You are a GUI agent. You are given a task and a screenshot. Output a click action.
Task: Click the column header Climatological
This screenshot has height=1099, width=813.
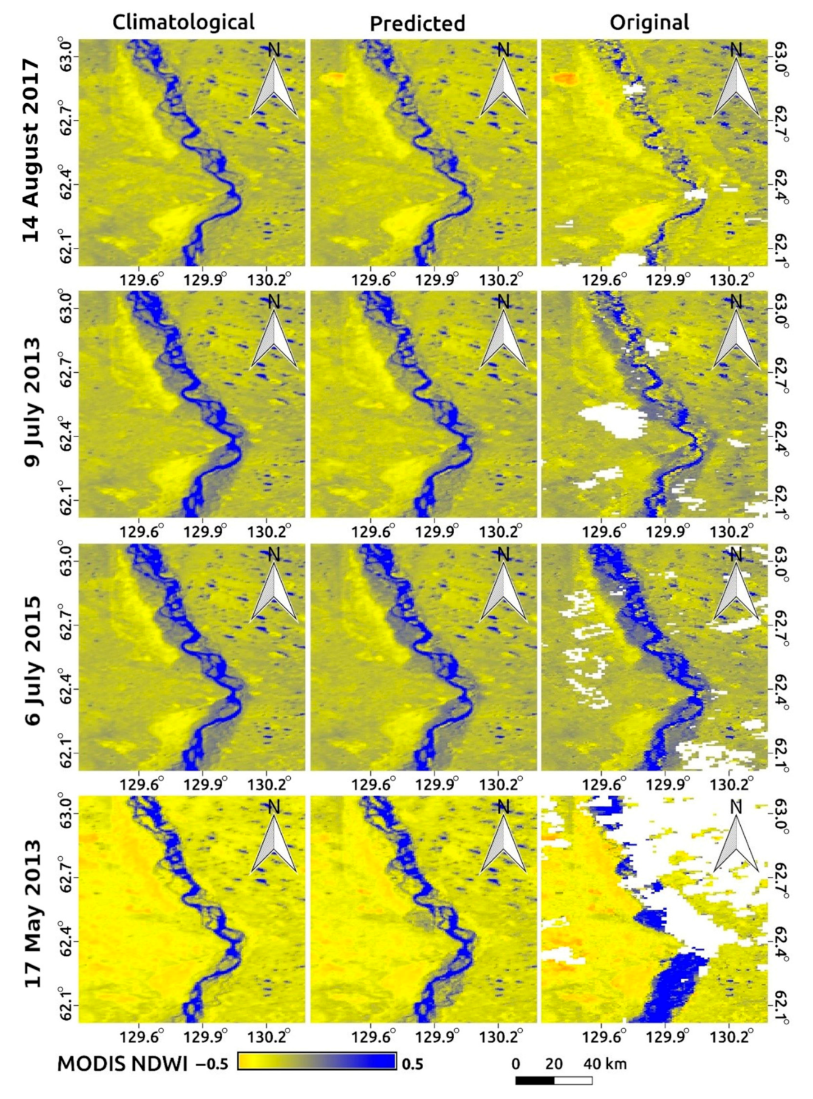click(x=183, y=22)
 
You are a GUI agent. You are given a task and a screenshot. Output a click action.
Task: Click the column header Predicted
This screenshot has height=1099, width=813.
click(x=417, y=24)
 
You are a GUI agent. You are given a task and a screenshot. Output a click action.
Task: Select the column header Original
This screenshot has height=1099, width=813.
click(x=649, y=22)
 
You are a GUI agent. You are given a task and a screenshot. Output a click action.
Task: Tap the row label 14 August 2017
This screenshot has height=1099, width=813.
click(x=31, y=151)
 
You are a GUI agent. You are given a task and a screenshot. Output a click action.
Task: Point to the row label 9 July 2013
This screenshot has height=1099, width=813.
click(x=31, y=402)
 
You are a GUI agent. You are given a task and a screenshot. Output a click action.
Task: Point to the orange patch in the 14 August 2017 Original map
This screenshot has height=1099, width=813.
click(x=565, y=78)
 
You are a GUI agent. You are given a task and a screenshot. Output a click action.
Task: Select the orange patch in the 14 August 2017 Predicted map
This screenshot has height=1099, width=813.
click(x=333, y=78)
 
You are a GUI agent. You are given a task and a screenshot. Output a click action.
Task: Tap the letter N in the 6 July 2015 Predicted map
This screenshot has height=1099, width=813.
click(x=503, y=554)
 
